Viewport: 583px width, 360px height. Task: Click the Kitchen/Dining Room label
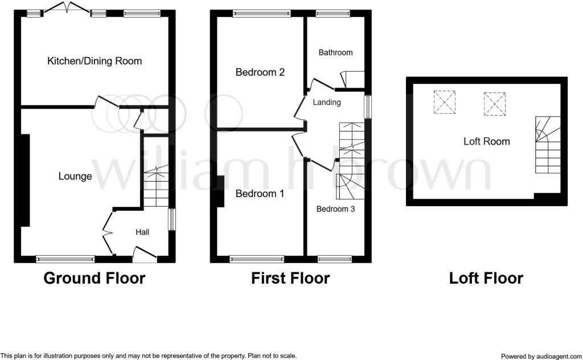coord(95,61)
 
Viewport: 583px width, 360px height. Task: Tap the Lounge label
coord(75,176)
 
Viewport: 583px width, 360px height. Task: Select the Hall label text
coord(142,232)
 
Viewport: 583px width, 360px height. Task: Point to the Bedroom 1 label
coord(260,194)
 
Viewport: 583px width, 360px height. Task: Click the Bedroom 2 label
coord(260,72)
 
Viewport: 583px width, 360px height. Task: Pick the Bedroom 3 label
coord(335,209)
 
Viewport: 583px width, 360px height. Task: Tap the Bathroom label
coord(335,52)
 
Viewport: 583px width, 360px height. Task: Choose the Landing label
coord(327,103)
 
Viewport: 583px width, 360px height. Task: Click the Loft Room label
coord(487,141)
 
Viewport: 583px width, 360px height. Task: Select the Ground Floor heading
coord(95,278)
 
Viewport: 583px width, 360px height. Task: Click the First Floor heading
coord(290,278)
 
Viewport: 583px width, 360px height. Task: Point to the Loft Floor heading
coord(486,278)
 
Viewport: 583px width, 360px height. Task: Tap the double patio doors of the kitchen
coord(67,8)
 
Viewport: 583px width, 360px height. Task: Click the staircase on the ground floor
coord(156,186)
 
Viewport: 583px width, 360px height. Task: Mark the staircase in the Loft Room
coord(548,145)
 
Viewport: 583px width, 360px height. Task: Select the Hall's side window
coord(172,219)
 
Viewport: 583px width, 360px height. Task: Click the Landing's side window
coord(368,107)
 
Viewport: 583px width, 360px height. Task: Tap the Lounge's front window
coord(65,259)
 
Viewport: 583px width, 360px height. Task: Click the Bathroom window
coord(332,14)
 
